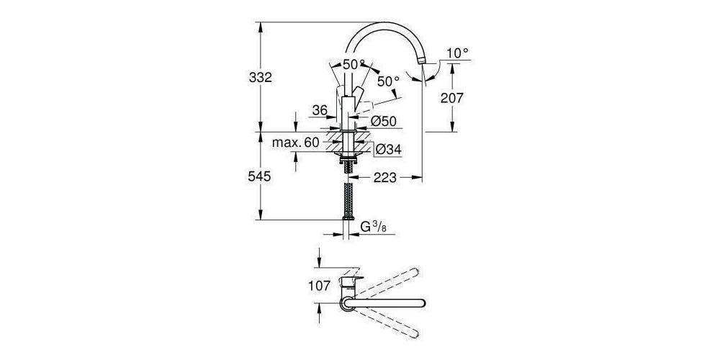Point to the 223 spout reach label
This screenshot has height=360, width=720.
(385, 178)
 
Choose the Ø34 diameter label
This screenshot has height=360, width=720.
(389, 149)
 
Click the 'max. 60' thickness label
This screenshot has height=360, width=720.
(295, 143)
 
